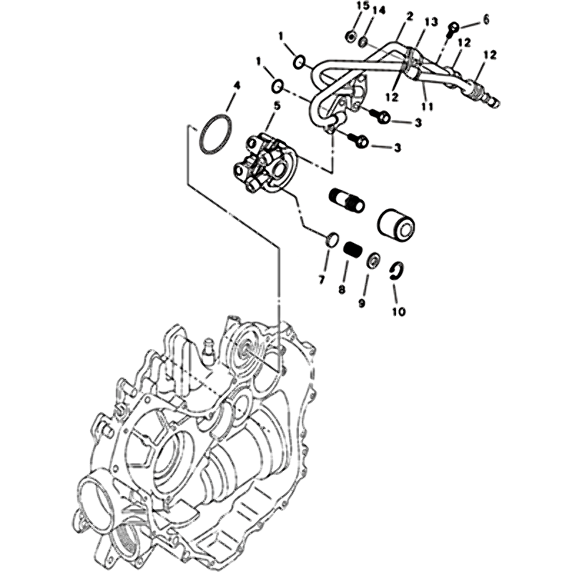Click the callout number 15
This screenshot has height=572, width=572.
tap(363, 7)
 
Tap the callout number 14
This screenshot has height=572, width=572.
tap(379, 11)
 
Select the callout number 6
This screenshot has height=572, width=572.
tap(485, 20)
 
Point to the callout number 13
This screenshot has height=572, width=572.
tap(430, 23)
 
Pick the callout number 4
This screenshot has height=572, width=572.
tap(237, 87)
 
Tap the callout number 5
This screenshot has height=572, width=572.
tap(277, 106)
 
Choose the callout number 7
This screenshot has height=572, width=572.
tap(321, 280)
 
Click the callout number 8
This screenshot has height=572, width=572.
tap(342, 290)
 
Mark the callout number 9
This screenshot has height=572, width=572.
tap(362, 302)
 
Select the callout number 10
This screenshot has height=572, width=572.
tap(399, 312)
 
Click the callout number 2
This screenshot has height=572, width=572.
tap(409, 16)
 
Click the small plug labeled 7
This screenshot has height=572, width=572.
tap(332, 239)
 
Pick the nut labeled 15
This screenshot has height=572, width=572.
tap(351, 36)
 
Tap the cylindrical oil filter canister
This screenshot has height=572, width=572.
tap(397, 225)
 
